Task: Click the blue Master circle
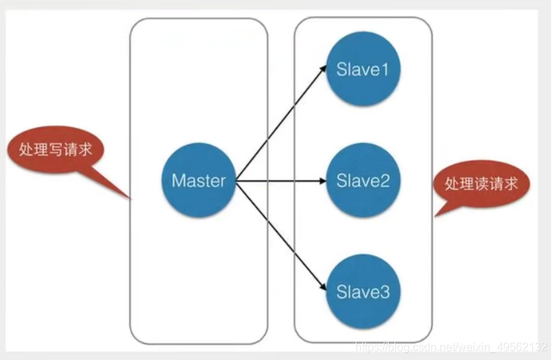pos(199,180)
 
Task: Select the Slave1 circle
pos(363,69)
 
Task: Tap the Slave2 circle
pos(363,180)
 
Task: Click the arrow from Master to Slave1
pos(279,126)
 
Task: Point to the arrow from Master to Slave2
pos(279,180)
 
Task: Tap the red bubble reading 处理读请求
pos(481,184)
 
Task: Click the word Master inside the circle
pos(199,180)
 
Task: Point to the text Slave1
pos(363,70)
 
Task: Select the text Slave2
pos(363,181)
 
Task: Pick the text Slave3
pos(363,291)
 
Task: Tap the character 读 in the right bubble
pos(481,184)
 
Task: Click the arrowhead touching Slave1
pos(322,69)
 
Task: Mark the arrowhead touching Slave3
pos(322,288)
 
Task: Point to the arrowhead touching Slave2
pos(323,180)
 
